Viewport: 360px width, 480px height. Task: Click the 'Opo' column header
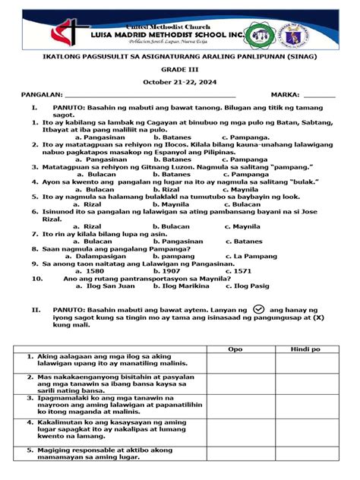click(235, 349)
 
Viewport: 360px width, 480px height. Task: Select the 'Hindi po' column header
click(305, 349)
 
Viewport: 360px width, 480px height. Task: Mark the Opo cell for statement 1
click(235, 362)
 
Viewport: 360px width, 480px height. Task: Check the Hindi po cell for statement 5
click(305, 453)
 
